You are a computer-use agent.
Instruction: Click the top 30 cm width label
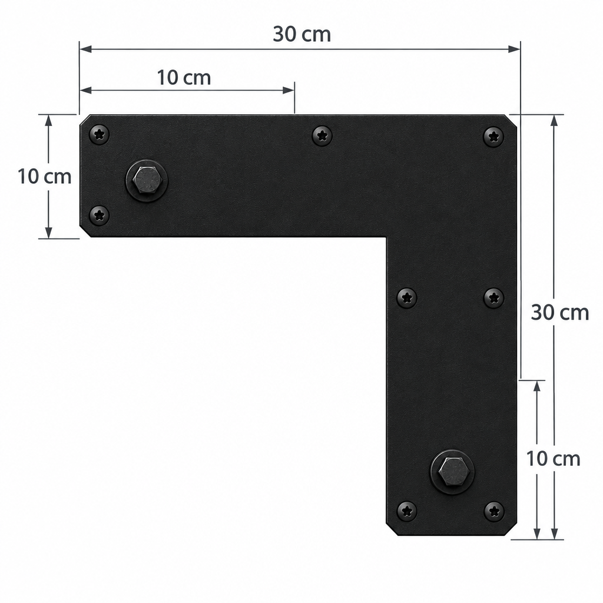(302, 34)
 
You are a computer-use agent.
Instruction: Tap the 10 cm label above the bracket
(184, 78)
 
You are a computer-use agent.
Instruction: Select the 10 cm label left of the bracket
(45, 177)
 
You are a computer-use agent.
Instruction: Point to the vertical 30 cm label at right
(560, 313)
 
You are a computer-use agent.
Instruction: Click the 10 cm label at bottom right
(553, 459)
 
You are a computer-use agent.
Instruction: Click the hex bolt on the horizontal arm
(147, 181)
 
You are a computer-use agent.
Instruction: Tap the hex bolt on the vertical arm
(452, 472)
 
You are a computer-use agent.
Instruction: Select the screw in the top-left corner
(99, 134)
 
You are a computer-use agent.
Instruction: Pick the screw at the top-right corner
(493, 136)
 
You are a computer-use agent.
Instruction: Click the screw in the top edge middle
(322, 135)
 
